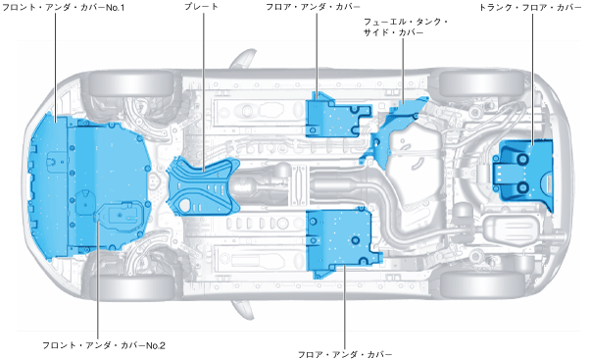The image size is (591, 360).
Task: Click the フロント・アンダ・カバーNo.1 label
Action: pyautogui.click(x=64, y=7)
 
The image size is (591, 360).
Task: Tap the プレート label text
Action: pyautogui.click(x=201, y=7)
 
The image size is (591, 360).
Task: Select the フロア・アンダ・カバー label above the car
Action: pyautogui.click(x=313, y=7)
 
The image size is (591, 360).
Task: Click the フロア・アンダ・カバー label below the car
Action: pyautogui.click(x=345, y=354)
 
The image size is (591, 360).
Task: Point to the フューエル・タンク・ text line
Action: pyautogui.click(x=406, y=22)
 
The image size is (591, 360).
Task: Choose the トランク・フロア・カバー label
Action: pyautogui.click(x=530, y=7)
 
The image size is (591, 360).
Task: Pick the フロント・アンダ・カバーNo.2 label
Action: pyautogui.click(x=104, y=345)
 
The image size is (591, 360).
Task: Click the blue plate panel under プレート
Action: pyautogui.click(x=204, y=186)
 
